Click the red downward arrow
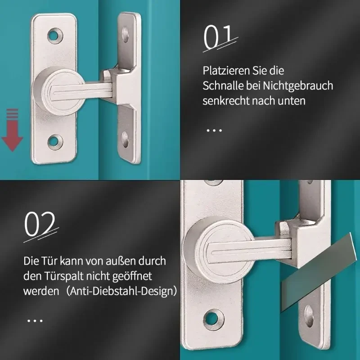point(12,130)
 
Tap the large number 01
point(218,37)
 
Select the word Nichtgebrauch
point(298,85)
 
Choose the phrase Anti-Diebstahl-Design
point(121,291)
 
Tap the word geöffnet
point(132,276)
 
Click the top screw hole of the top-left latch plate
point(55,36)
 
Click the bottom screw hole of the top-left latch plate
point(55,141)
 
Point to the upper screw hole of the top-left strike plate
point(125,35)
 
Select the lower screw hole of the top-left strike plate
point(125,139)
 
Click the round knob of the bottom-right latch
point(218,250)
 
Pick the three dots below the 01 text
point(214,130)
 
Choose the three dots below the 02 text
point(35,320)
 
